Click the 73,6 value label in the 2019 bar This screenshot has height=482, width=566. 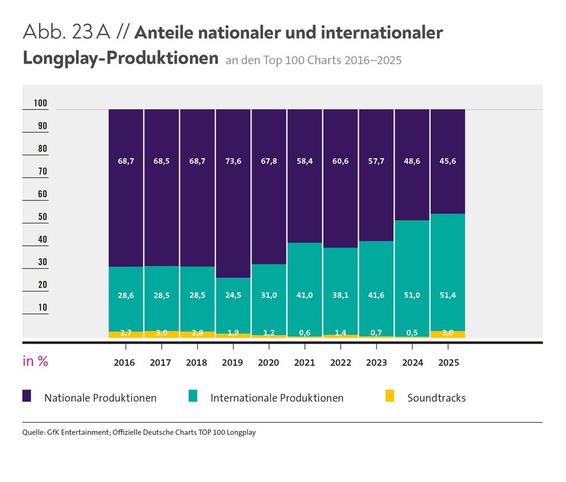click(x=233, y=161)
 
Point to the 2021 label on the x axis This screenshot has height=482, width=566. click(x=304, y=363)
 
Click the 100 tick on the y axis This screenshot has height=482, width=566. click(x=40, y=104)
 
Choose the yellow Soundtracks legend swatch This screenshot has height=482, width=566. click(x=390, y=396)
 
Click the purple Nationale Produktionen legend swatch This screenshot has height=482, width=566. click(x=27, y=396)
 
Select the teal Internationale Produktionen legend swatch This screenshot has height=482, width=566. click(x=193, y=396)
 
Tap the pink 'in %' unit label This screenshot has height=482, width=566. click(x=35, y=361)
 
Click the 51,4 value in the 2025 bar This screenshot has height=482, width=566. click(x=448, y=295)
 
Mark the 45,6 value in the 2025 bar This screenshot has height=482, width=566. click(x=448, y=161)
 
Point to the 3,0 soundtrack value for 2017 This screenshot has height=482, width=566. click(x=161, y=333)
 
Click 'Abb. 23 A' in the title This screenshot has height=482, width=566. click(x=65, y=33)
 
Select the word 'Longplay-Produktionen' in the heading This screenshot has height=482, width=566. click(x=120, y=59)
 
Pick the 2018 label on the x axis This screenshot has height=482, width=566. click(x=197, y=363)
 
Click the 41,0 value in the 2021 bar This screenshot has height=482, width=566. click(x=304, y=295)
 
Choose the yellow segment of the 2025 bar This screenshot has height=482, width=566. click(x=448, y=334)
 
